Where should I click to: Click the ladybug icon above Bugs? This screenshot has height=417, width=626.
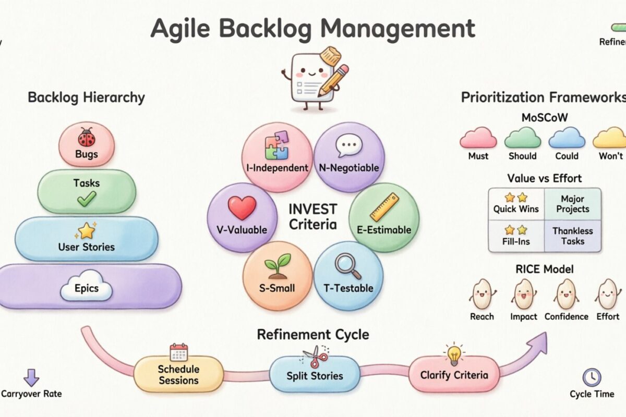point(87,138)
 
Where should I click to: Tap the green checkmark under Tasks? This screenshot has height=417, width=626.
point(87,198)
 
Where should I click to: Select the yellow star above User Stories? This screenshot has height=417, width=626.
point(86,230)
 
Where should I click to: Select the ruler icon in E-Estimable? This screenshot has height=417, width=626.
point(384,207)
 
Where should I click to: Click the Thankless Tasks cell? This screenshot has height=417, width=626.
point(572,236)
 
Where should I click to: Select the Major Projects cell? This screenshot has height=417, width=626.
point(572,204)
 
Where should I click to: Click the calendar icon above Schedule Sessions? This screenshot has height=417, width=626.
point(178,352)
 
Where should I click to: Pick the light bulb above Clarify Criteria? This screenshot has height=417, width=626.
point(454,354)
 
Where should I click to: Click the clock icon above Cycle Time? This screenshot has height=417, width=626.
point(592,377)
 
